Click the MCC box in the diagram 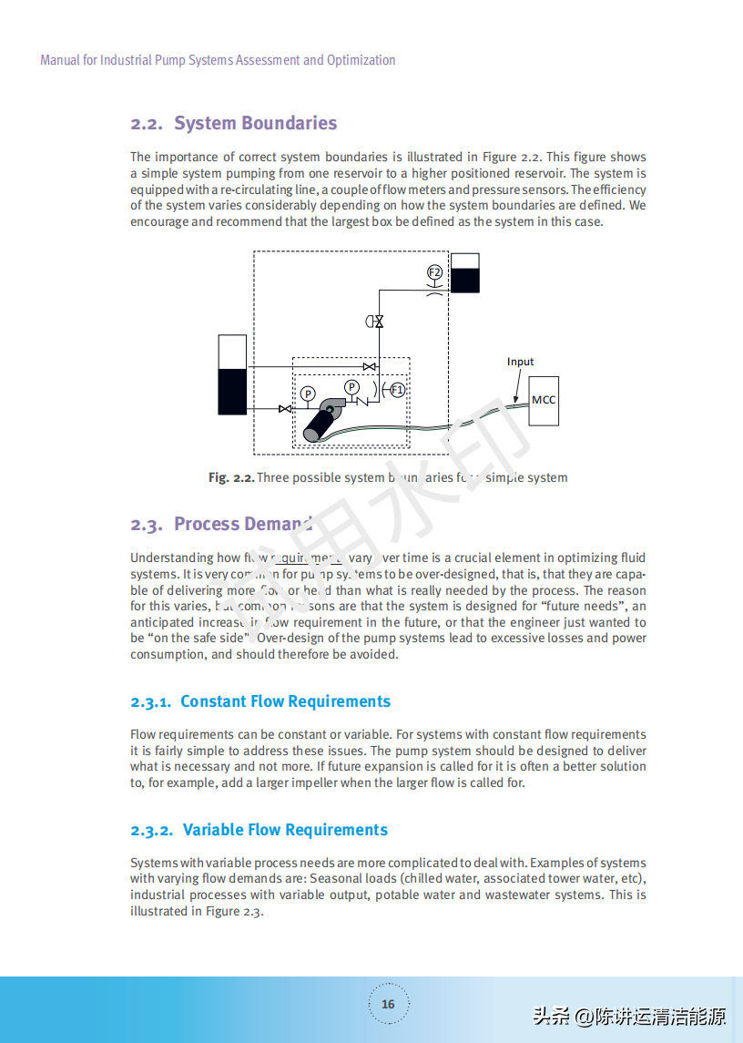click(x=544, y=401)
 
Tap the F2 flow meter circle click(x=434, y=272)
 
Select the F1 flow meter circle click(x=397, y=390)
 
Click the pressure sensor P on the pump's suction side click(x=308, y=394)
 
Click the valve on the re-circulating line click(x=370, y=366)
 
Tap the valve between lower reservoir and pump click(x=285, y=409)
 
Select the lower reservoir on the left click(x=232, y=374)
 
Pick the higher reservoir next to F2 click(x=465, y=273)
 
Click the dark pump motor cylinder click(x=320, y=424)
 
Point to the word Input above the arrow click(x=520, y=362)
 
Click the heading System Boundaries click(x=255, y=123)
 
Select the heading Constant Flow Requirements click(x=285, y=701)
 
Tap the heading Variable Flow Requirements click(x=285, y=830)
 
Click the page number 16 click(x=388, y=1004)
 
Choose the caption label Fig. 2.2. click(x=230, y=477)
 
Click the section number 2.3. click(x=146, y=525)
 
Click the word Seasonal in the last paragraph click(x=337, y=879)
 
